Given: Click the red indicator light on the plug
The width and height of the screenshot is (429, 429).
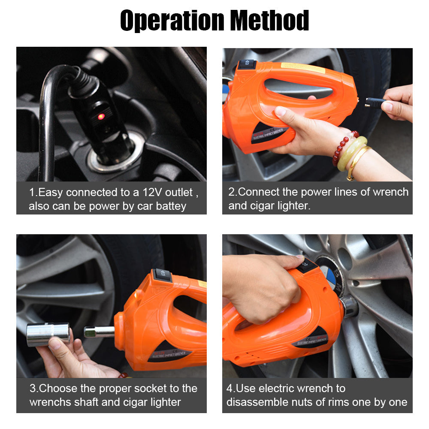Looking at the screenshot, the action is coord(101,117).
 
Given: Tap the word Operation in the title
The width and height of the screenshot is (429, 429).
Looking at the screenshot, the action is coord(172,21).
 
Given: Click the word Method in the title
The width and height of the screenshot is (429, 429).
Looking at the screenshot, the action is coord(269,20).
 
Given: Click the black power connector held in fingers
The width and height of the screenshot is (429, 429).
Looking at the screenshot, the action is coord(375,103).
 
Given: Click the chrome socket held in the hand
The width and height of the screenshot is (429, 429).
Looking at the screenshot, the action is coord(48,334).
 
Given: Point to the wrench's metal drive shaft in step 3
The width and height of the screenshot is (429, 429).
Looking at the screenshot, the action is coord(99,332).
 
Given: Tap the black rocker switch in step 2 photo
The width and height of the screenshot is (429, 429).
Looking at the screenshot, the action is coord(247,64).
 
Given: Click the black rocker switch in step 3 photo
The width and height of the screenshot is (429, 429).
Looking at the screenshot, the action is coord(162,275).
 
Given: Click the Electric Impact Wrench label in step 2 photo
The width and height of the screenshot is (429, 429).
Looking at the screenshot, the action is coord(270,134).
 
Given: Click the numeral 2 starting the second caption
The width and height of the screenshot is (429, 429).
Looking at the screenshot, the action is coord(232,192).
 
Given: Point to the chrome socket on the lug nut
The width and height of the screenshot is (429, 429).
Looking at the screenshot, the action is coord(348,306).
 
